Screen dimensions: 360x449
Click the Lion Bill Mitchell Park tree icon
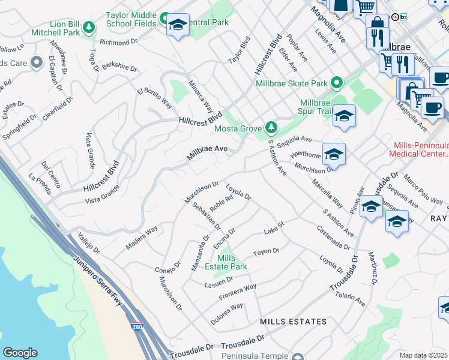[89, 26]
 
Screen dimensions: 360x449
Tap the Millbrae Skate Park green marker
[337, 83]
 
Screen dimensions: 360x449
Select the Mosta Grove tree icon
[272, 127]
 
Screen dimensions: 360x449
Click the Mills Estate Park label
[232, 262]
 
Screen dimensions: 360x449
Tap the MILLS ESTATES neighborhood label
[294, 322]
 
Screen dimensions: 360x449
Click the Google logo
[20, 353]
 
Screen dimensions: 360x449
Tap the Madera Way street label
[142, 238]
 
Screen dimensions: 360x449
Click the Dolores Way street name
[227, 314]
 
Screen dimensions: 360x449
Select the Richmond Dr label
[118, 43]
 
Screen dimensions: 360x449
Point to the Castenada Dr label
[334, 238]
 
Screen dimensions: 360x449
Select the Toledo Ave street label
[351, 292]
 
